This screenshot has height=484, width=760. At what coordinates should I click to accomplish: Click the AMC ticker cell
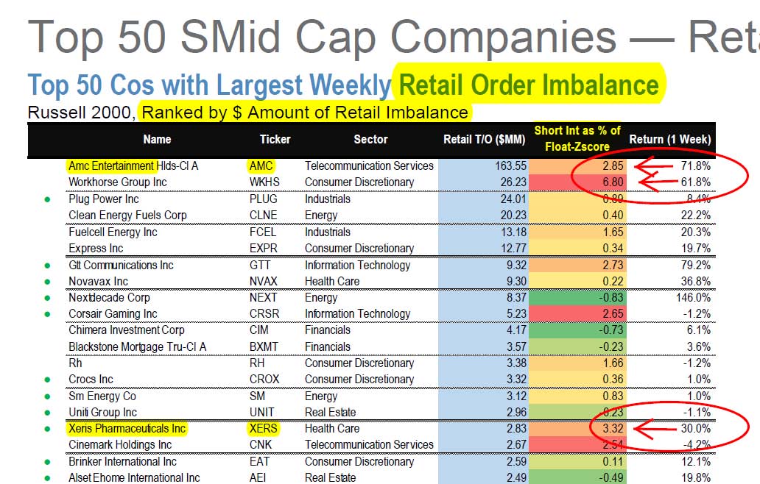click(261, 166)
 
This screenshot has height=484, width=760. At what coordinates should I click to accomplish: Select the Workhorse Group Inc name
click(117, 182)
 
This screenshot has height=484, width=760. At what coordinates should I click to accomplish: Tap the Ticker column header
click(275, 139)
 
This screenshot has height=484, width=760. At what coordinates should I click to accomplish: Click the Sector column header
click(370, 139)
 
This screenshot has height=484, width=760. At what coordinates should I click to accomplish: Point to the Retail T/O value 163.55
click(507, 166)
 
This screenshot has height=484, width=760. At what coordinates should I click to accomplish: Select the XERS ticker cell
click(264, 428)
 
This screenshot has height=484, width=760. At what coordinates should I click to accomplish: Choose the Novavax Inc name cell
click(98, 281)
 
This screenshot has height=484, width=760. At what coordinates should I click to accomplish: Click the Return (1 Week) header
click(669, 139)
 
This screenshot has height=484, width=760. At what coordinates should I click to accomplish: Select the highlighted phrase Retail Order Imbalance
click(529, 85)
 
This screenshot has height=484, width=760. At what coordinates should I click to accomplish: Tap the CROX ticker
click(264, 379)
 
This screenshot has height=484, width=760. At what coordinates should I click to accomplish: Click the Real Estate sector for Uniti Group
click(331, 412)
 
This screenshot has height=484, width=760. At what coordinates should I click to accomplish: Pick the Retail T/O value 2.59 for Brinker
click(511, 461)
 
